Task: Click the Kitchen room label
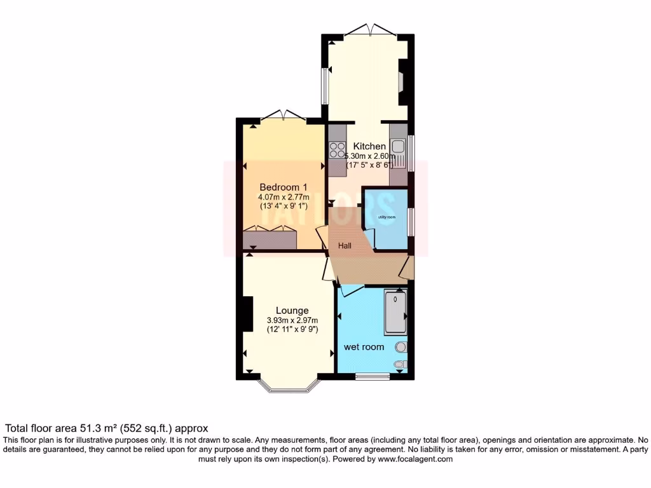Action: pyautogui.click(x=369, y=146)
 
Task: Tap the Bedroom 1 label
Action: pyautogui.click(x=284, y=187)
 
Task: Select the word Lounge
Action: pyautogui.click(x=292, y=310)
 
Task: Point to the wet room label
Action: pyautogui.click(x=364, y=347)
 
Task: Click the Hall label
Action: pyautogui.click(x=345, y=246)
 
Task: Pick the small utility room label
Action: pyautogui.click(x=387, y=217)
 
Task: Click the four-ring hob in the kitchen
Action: pyautogui.click(x=337, y=150)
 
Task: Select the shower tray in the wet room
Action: pyautogui.click(x=395, y=312)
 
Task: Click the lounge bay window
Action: pyautogui.click(x=287, y=388)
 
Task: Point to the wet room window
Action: pyautogui.click(x=372, y=376)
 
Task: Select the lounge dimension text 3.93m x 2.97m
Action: pyautogui.click(x=292, y=320)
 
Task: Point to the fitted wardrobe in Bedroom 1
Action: pyautogui.click(x=270, y=240)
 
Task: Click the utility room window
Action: pyautogui.click(x=410, y=220)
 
